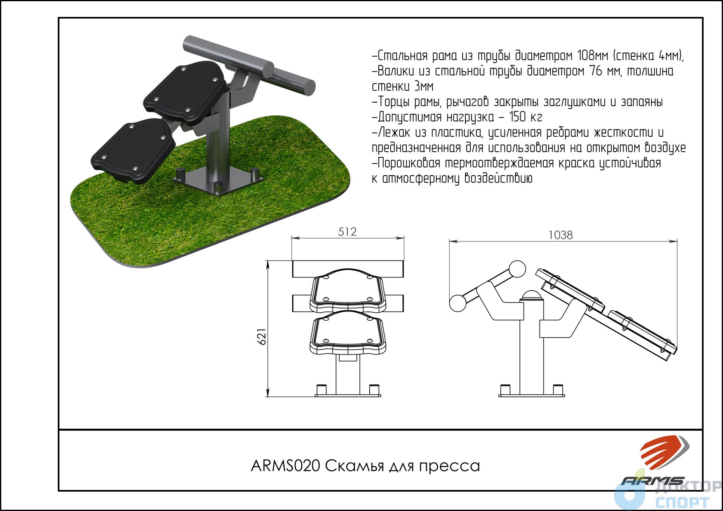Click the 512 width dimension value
click(x=347, y=232)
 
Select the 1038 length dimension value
click(x=561, y=235)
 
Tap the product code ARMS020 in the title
click(x=285, y=466)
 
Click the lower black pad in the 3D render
click(x=133, y=150)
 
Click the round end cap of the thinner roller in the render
click(x=308, y=87)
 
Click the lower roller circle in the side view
click(x=458, y=303)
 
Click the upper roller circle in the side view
click(x=517, y=270)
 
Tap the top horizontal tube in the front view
click(x=347, y=269)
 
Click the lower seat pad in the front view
click(x=348, y=332)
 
